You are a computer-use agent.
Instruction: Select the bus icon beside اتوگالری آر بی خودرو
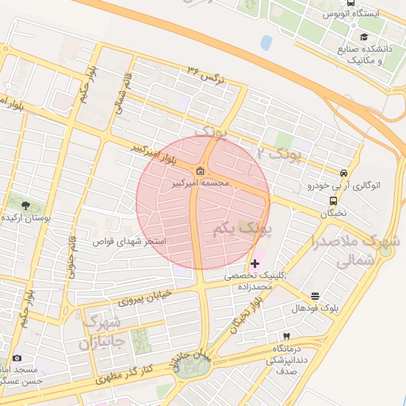[343, 174]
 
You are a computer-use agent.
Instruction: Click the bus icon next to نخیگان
[333, 201]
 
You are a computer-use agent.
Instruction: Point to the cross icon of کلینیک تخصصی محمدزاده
[254, 263]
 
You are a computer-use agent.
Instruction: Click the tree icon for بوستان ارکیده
[23, 206]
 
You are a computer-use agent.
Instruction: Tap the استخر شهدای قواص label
[131, 240]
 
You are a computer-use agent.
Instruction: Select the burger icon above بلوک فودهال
[316, 295]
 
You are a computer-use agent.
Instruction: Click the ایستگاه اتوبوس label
[352, 14]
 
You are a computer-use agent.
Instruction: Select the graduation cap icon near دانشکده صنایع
[364, 36]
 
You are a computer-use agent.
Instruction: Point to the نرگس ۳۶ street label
[207, 75]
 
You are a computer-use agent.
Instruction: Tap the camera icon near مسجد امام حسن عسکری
[17, 358]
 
